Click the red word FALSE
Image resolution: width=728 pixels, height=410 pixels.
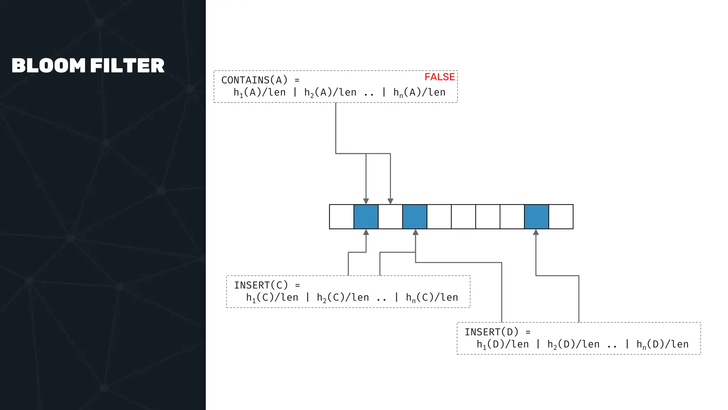coord(439,77)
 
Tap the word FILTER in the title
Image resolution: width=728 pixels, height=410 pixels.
coord(127,66)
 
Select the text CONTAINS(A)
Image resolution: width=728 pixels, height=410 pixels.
coord(254,80)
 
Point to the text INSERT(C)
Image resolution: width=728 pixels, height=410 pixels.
coord(261,285)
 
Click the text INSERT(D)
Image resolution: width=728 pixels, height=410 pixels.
coord(492,332)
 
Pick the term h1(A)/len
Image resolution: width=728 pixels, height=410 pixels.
coord(259,93)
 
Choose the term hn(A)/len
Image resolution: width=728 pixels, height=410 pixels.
coord(419,93)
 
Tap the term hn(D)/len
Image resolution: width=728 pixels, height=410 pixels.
coord(662,344)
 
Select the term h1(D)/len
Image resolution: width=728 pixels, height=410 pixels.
coord(503,344)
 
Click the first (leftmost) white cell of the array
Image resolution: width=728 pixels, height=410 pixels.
coord(342,217)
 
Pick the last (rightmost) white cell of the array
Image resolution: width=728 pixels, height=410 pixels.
coord(561,217)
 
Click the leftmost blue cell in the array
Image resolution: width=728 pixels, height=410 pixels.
coord(366,217)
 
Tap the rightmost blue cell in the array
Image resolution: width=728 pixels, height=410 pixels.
coord(536,217)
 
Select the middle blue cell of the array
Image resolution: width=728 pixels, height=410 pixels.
coord(415,217)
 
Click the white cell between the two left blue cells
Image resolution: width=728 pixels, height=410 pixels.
coord(390,217)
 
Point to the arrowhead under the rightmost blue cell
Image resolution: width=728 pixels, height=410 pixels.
coord(536,232)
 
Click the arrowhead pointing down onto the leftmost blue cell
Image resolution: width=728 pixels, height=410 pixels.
coord(366,201)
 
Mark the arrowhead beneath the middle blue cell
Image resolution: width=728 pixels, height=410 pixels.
coord(416,232)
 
